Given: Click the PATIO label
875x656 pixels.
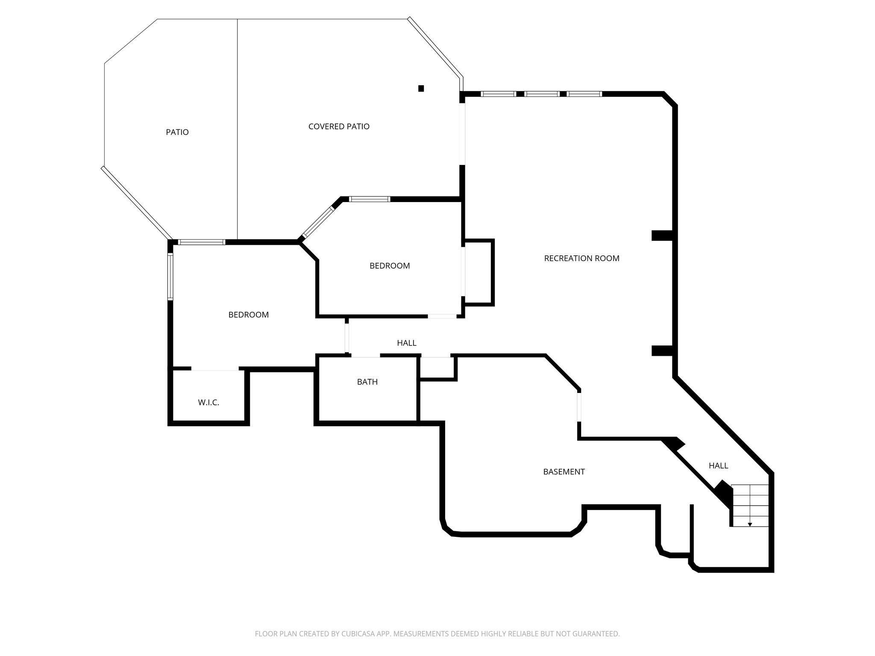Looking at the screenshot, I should (177, 132).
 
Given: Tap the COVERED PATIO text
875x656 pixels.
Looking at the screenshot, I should (339, 126).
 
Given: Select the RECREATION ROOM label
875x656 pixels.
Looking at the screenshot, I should (581, 258).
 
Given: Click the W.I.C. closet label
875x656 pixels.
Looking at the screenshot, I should (208, 402).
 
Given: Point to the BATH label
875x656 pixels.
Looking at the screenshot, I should (367, 382).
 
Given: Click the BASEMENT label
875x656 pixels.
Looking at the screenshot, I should (564, 472).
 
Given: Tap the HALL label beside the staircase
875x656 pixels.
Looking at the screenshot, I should (718, 466).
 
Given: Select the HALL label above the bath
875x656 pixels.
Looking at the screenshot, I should (406, 343).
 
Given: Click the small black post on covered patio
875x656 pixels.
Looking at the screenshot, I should (421, 88).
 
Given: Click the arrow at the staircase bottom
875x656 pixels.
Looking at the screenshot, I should (750, 524).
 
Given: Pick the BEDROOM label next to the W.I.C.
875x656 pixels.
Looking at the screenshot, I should (248, 315).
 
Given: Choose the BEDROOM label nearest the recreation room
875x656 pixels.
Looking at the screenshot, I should (389, 266).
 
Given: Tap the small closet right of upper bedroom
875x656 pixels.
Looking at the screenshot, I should (479, 272).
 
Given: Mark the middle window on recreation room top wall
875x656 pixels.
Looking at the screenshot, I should (542, 94).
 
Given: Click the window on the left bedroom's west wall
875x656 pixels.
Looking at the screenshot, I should (170, 276).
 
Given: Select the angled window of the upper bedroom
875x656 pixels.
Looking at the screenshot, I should (317, 222).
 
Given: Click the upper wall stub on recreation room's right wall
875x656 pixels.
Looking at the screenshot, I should (662, 235).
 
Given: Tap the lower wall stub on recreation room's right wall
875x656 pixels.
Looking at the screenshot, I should (662, 351).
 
